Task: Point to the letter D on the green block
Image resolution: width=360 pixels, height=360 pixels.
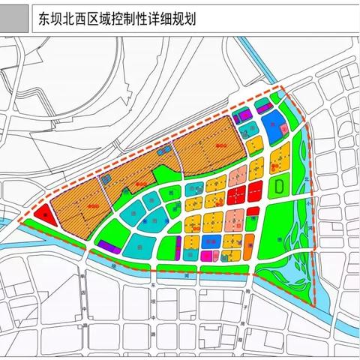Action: (x=278, y=184)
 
